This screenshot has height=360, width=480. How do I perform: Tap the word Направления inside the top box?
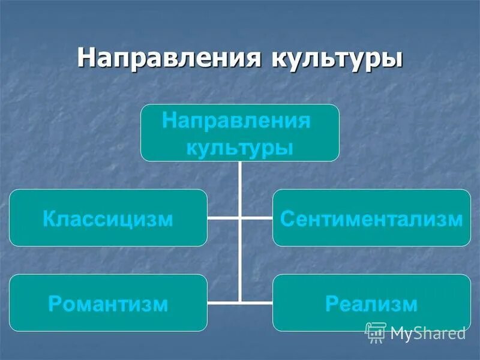point(236,121)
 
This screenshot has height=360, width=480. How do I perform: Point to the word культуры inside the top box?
point(239,147)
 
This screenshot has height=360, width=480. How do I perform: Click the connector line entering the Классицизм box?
point(223,218)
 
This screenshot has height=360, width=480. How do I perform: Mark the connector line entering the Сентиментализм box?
point(257,218)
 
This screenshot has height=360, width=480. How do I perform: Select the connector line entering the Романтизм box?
point(223,302)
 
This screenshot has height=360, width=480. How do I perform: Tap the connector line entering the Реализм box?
point(257,302)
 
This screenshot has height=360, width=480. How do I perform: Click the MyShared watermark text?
point(427,333)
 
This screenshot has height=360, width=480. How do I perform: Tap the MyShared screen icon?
point(375,332)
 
